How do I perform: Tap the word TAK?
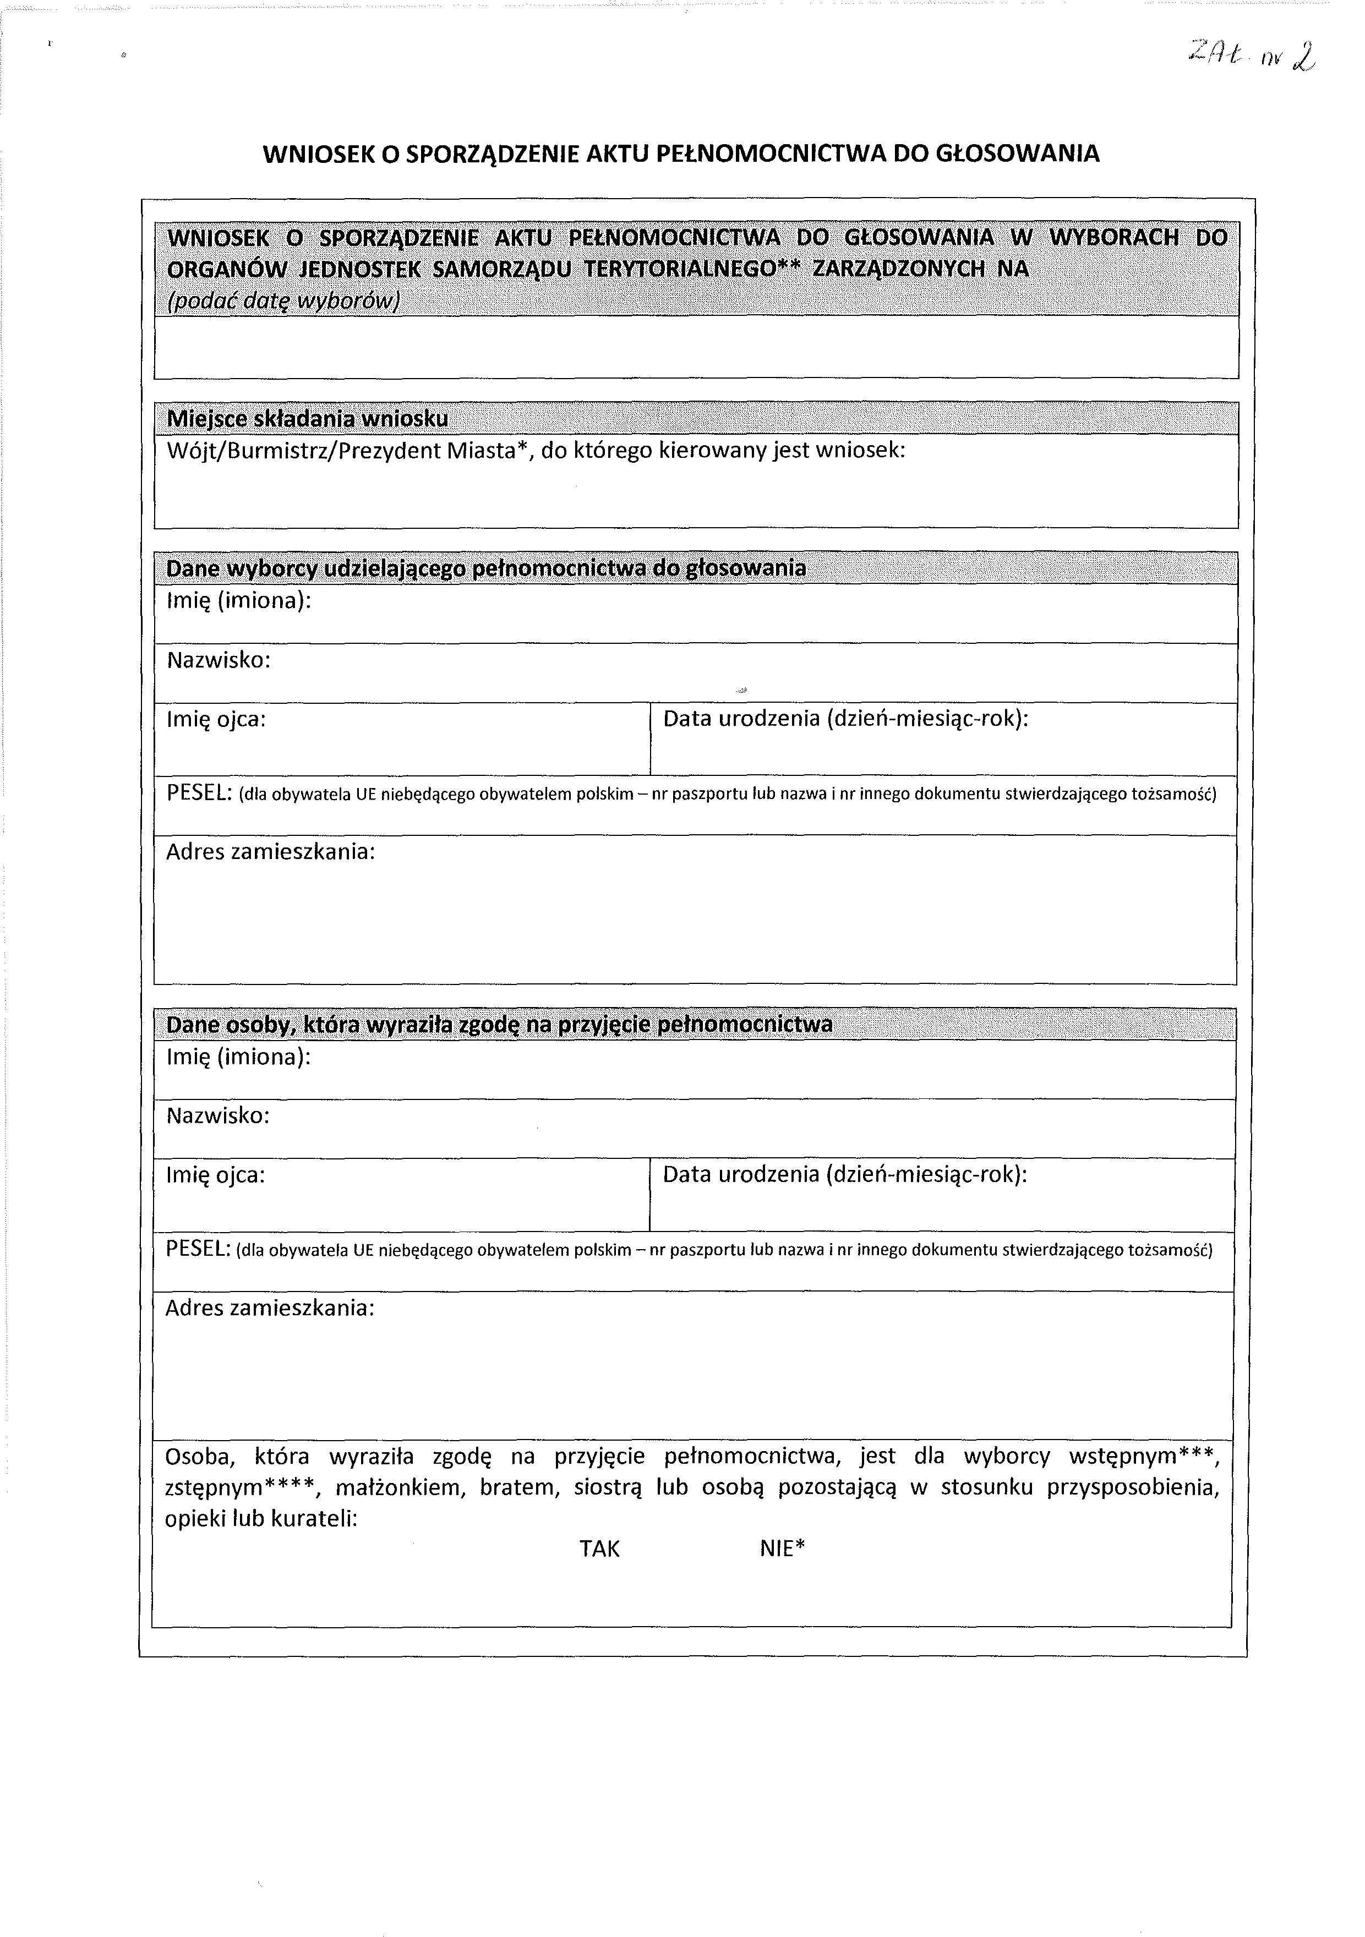[599, 1549]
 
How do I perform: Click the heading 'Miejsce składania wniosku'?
[307, 418]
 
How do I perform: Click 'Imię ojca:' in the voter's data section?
[216, 720]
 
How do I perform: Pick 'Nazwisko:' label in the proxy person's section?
[217, 1116]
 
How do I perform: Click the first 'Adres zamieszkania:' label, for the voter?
[270, 852]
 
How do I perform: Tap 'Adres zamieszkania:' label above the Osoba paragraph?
[269, 1309]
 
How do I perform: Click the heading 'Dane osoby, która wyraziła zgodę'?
[499, 1024]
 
